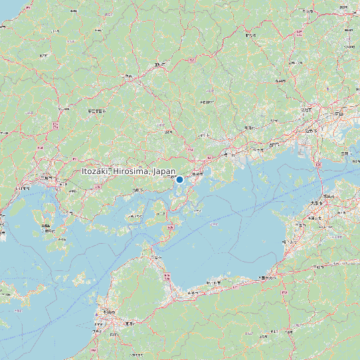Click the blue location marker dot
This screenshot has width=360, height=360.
(179, 179)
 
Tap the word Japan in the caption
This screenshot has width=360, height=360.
(164, 171)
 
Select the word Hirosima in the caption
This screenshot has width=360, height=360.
(130, 171)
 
